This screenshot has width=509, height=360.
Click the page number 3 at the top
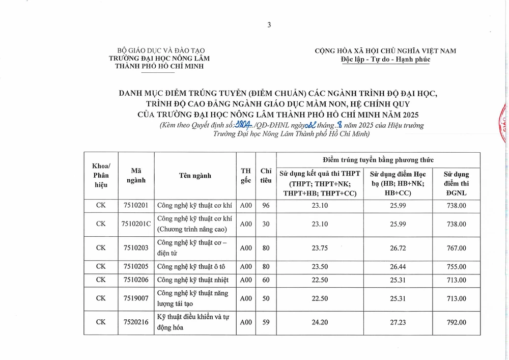pyautogui.click(x=269, y=25)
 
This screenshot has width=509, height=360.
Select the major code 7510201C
pyautogui.click(x=136, y=224)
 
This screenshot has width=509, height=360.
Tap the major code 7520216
pyautogui.click(x=136, y=322)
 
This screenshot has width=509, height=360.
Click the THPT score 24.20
pyautogui.click(x=319, y=322)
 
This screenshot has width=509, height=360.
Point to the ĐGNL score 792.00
pyautogui.click(x=455, y=322)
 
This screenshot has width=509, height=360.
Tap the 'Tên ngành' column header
pyautogui.click(x=195, y=176)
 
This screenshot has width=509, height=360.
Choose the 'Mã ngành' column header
pyautogui.click(x=136, y=176)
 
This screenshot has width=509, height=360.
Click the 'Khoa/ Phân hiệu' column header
pyautogui.click(x=101, y=176)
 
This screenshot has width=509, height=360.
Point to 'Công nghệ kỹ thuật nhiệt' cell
pyautogui.click(x=193, y=280)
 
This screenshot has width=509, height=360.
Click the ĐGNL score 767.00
pyautogui.click(x=455, y=248)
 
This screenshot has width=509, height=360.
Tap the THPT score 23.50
pyautogui.click(x=319, y=266)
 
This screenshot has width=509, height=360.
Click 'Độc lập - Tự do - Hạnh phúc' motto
pyautogui.click(x=385, y=59)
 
